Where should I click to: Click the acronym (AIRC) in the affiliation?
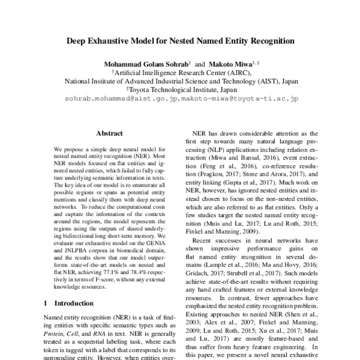tap(241, 71)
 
